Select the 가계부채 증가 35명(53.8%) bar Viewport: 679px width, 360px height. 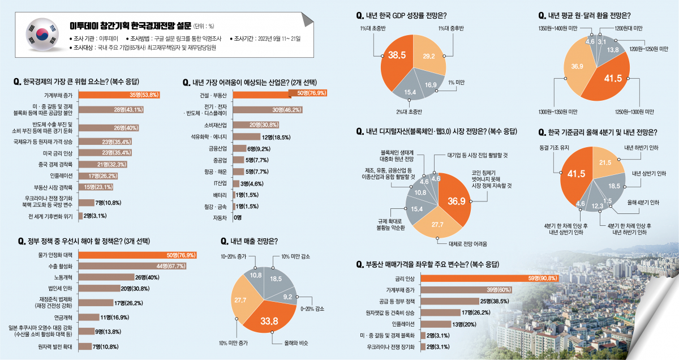point(119,95)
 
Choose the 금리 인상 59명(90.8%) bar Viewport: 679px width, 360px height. point(490,278)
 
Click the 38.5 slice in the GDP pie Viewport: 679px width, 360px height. point(396,57)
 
